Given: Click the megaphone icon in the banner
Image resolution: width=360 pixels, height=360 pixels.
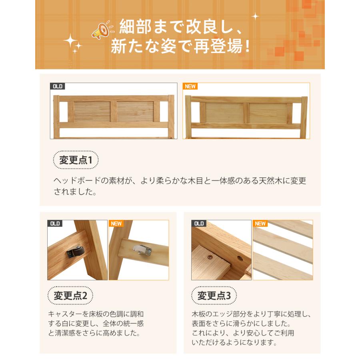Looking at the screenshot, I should (100, 30).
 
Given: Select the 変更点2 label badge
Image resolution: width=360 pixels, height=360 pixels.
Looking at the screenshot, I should (70, 296).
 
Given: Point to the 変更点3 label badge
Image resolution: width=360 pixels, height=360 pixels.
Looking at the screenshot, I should (214, 296).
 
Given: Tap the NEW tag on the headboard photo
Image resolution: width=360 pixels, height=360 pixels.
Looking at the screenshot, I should (190, 86).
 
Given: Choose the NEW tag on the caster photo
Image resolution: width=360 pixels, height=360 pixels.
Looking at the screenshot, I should (116, 224).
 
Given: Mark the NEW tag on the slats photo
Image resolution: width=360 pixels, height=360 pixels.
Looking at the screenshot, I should (260, 224).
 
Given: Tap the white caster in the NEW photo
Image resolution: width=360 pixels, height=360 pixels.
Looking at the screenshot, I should (143, 250).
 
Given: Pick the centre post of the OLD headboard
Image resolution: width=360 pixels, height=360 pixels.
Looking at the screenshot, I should (114, 112).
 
